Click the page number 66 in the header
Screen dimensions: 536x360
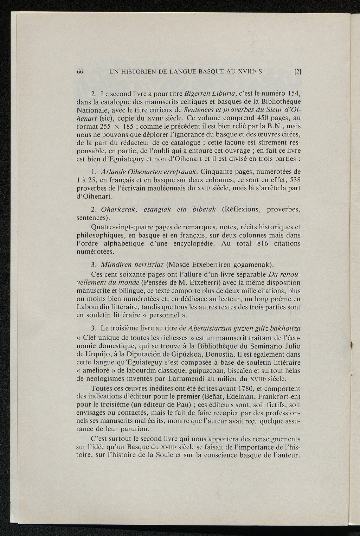click(79, 72)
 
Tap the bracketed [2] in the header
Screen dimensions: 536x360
click(297, 72)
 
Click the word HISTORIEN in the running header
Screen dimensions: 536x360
click(138, 72)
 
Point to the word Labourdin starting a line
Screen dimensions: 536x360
click(92, 307)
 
